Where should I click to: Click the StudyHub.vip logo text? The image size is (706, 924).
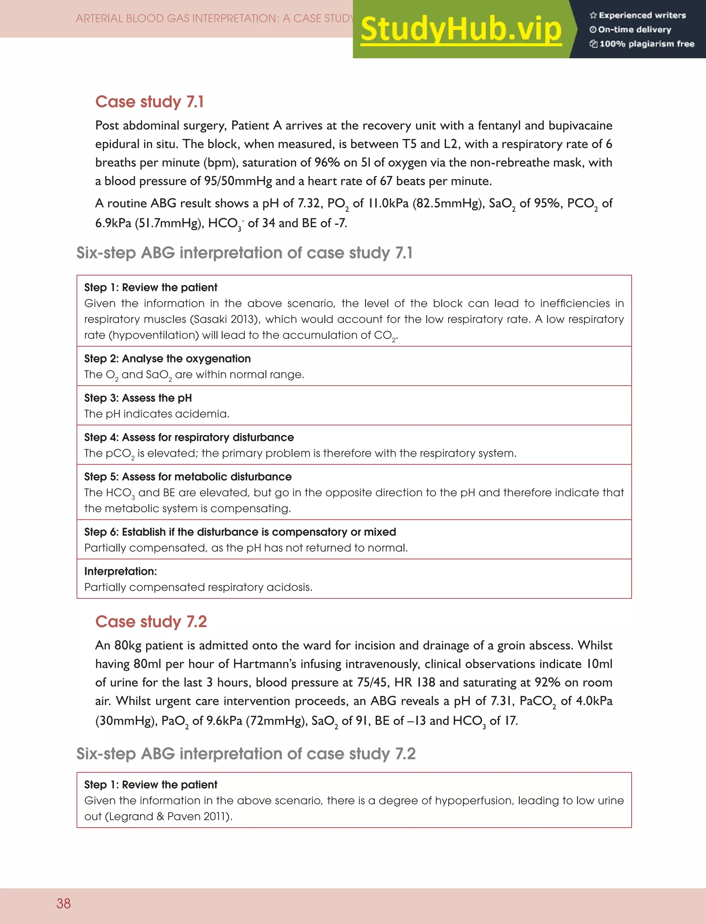coord(461,29)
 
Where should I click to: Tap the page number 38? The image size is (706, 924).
coord(63,903)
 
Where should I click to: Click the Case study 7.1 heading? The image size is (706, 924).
coord(149,102)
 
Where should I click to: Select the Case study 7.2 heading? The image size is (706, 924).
coord(151,621)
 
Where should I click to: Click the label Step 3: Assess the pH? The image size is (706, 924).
coord(138,398)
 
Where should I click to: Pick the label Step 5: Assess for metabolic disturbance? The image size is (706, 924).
coord(188,476)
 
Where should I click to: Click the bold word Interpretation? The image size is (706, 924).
coord(120,571)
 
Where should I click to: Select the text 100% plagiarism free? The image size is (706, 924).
coord(646,44)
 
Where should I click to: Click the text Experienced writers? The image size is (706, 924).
coord(642,16)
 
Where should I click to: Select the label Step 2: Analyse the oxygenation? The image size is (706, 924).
coord(167,359)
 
